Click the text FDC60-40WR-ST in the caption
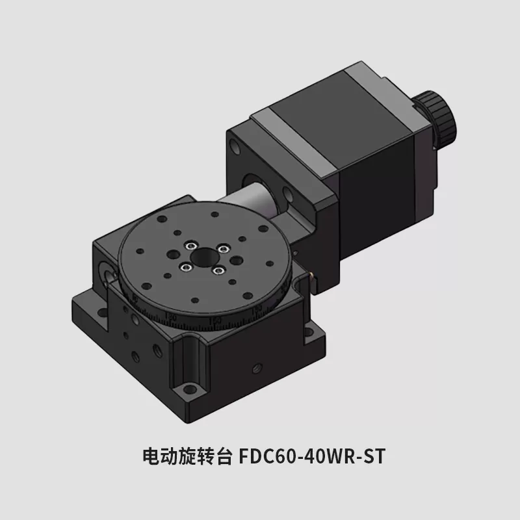(x=312, y=456)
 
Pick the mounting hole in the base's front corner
(x=189, y=389)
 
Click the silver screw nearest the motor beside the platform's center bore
(x=223, y=248)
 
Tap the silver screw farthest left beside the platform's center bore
(x=185, y=266)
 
